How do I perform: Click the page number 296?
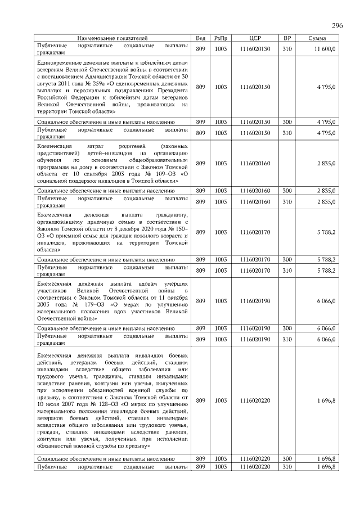(337, 26)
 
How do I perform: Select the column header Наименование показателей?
(113, 38)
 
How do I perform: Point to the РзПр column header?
(220, 38)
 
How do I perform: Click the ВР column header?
(287, 38)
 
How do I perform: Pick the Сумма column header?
(319, 38)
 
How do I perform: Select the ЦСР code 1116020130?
(255, 49)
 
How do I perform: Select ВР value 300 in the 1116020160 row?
(287, 191)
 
